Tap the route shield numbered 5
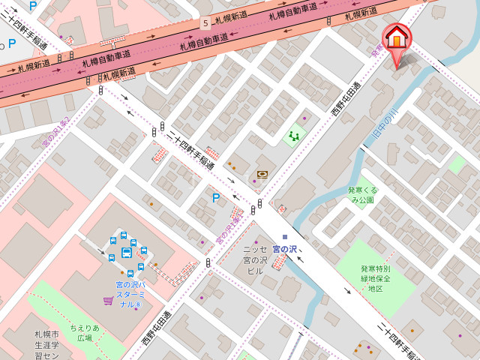[x=205, y=24]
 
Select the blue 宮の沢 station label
[x=284, y=248]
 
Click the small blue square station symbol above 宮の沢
[x=285, y=237]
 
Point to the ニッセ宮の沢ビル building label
[x=255, y=259]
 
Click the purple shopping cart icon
[x=109, y=301]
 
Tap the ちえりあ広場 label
[x=85, y=333]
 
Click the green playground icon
[x=294, y=136]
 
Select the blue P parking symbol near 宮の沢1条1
[x=216, y=198]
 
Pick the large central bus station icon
[x=126, y=253]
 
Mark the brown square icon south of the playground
[x=262, y=174]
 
